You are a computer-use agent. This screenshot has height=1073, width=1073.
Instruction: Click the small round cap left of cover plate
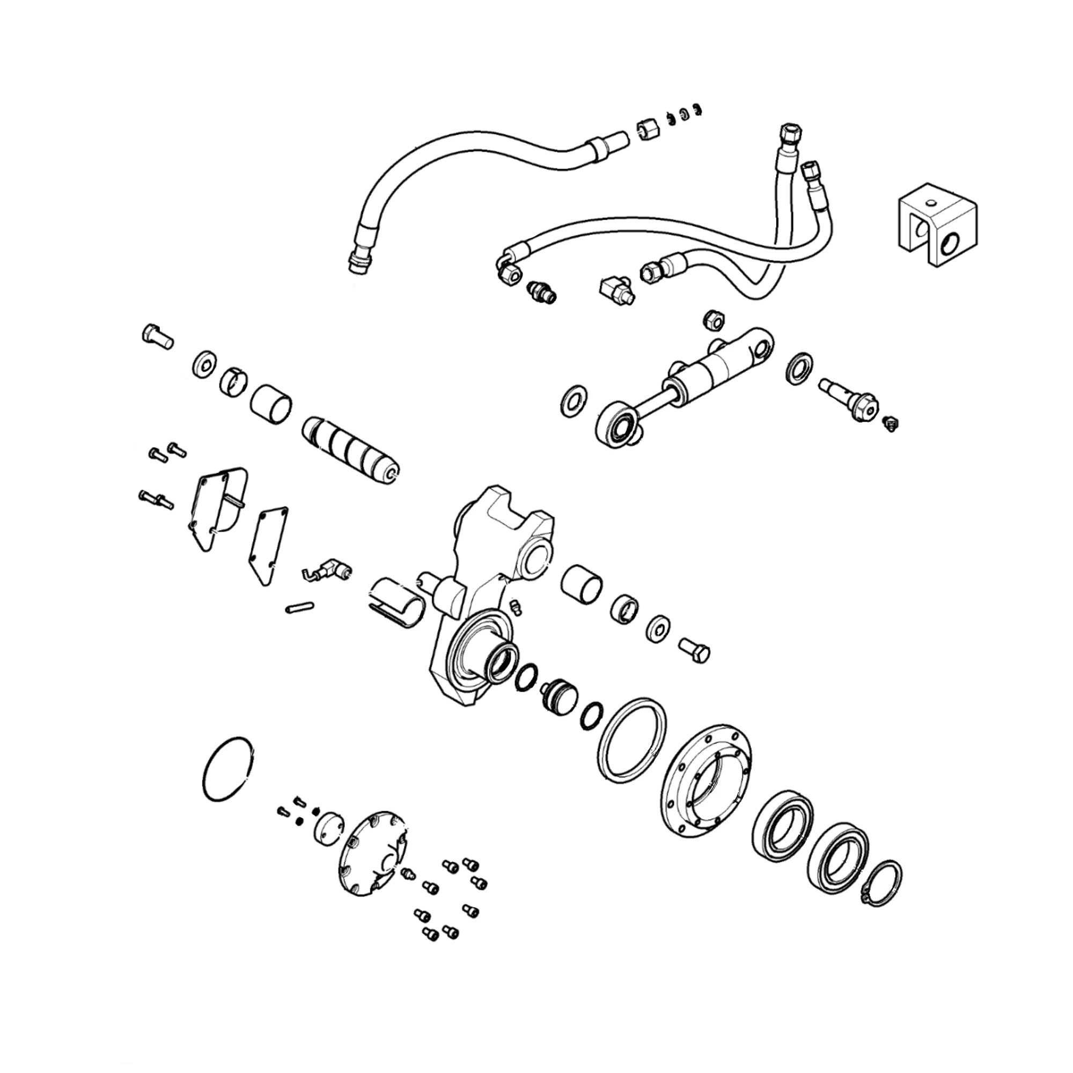(328, 830)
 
